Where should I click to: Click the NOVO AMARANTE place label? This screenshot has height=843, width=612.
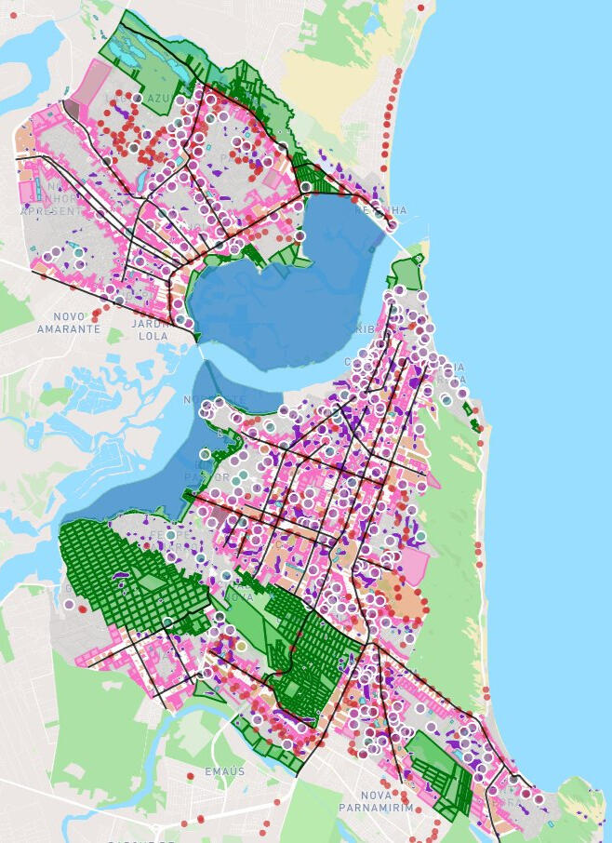(x=68, y=323)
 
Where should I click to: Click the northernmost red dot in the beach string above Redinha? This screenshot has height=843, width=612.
(x=420, y=7)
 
